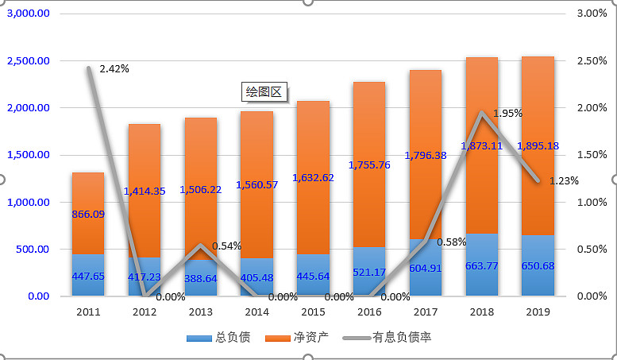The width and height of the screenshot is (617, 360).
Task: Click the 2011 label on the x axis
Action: [88, 312]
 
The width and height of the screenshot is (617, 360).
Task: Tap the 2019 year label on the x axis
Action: [538, 312]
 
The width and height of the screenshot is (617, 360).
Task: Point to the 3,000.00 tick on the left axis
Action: [29, 14]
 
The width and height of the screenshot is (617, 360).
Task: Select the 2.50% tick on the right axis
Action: [591, 61]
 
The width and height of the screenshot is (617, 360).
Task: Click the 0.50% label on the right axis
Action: [591, 250]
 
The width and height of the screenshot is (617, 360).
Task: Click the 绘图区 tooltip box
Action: [264, 92]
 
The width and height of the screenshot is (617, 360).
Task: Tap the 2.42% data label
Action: [114, 68]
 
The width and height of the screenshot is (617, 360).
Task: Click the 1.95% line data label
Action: [507, 114]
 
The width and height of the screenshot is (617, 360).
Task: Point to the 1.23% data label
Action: [564, 180]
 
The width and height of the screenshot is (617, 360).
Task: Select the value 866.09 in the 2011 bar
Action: [88, 215]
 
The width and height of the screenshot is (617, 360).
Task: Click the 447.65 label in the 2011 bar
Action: [88, 277]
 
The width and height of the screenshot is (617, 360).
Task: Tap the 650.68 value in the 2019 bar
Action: [538, 265]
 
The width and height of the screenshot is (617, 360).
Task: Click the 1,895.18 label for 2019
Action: [538, 146]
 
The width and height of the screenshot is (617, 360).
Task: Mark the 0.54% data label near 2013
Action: [227, 246]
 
